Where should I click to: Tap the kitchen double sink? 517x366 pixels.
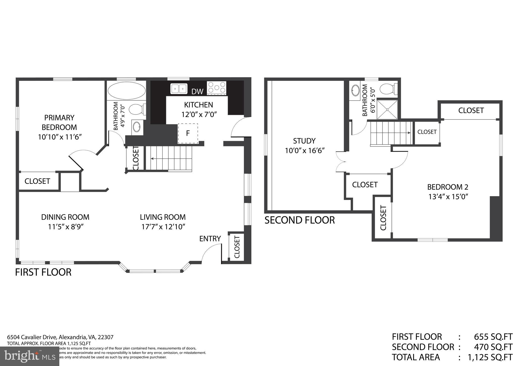[179, 89]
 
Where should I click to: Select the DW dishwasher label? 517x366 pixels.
[197, 92]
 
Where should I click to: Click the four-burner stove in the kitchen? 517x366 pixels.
[217, 88]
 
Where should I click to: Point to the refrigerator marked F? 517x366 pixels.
[188, 133]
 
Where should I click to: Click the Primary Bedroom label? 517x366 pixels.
[59, 122]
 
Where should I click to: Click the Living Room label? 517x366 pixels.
[163, 217]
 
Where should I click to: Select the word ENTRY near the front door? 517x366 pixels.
[210, 239]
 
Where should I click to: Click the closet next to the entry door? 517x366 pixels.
[237, 247]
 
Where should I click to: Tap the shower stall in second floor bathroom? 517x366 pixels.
[387, 109]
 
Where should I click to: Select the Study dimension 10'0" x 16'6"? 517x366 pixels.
[304, 151]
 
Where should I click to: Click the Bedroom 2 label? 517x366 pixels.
[448, 187]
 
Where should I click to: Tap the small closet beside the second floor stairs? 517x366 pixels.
[427, 132]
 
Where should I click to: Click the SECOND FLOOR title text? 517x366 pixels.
[300, 220]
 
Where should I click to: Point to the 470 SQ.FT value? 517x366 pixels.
[493, 347]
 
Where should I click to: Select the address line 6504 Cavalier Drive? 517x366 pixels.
[60, 337]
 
